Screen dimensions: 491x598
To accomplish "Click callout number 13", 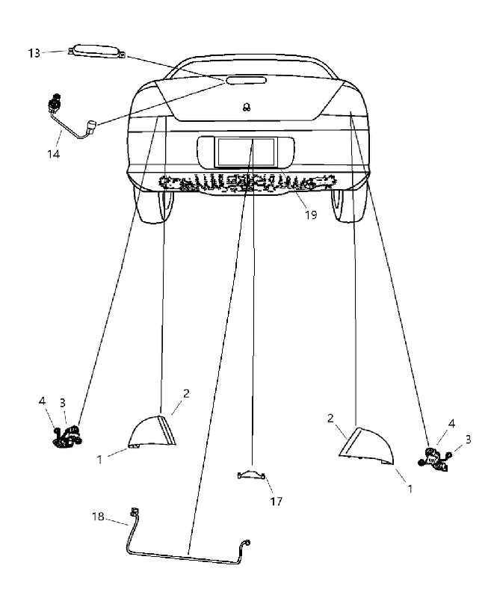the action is coord(34,53).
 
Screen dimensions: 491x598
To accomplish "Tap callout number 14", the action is coord(53,154).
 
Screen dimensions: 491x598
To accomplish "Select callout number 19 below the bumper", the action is coord(311,215).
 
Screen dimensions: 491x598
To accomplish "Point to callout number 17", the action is coord(277,501).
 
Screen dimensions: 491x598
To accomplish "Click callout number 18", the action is coord(98,517).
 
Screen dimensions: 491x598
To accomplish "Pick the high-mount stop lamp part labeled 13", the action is coord(97,52).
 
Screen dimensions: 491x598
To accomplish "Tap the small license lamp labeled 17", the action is coord(252,474).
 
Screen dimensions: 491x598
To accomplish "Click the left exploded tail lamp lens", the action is coord(152,432).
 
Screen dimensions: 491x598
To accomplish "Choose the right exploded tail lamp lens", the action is coord(367,446).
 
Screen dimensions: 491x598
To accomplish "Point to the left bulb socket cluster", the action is coord(67,437).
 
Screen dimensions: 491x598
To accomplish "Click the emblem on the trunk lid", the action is coord(247,107).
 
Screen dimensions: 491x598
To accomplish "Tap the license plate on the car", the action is coord(246,152).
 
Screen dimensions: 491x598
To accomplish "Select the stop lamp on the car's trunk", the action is coord(246,80).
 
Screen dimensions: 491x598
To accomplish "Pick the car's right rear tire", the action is coord(349,204).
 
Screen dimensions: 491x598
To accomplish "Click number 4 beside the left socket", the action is coord(42,401).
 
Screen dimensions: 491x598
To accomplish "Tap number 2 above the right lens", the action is coord(330,419).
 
